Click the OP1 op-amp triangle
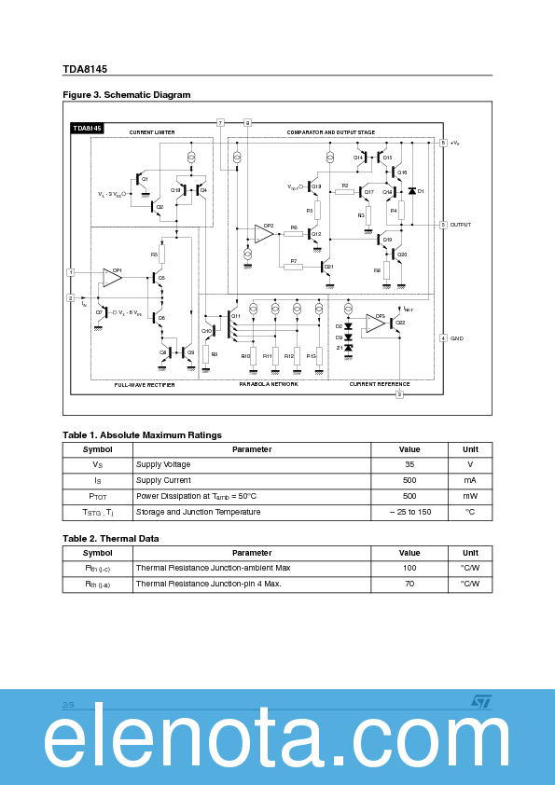[113, 277]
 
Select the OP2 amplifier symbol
[265, 233]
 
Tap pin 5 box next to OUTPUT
[443, 225]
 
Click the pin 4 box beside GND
[443, 337]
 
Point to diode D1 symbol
[411, 191]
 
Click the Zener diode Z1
[349, 348]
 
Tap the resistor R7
[293, 267]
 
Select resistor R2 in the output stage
[344, 192]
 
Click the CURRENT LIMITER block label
[152, 132]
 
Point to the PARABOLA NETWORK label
[269, 384]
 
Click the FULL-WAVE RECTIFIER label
[145, 384]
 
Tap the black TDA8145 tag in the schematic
[88, 128]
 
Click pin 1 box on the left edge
[70, 272]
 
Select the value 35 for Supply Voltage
[409, 464]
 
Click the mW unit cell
[470, 496]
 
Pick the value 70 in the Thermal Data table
[409, 584]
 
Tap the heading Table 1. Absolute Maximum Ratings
[142, 434]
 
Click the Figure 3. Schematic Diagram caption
[126, 95]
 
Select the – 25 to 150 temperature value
[409, 512]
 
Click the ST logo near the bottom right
[479, 700]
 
